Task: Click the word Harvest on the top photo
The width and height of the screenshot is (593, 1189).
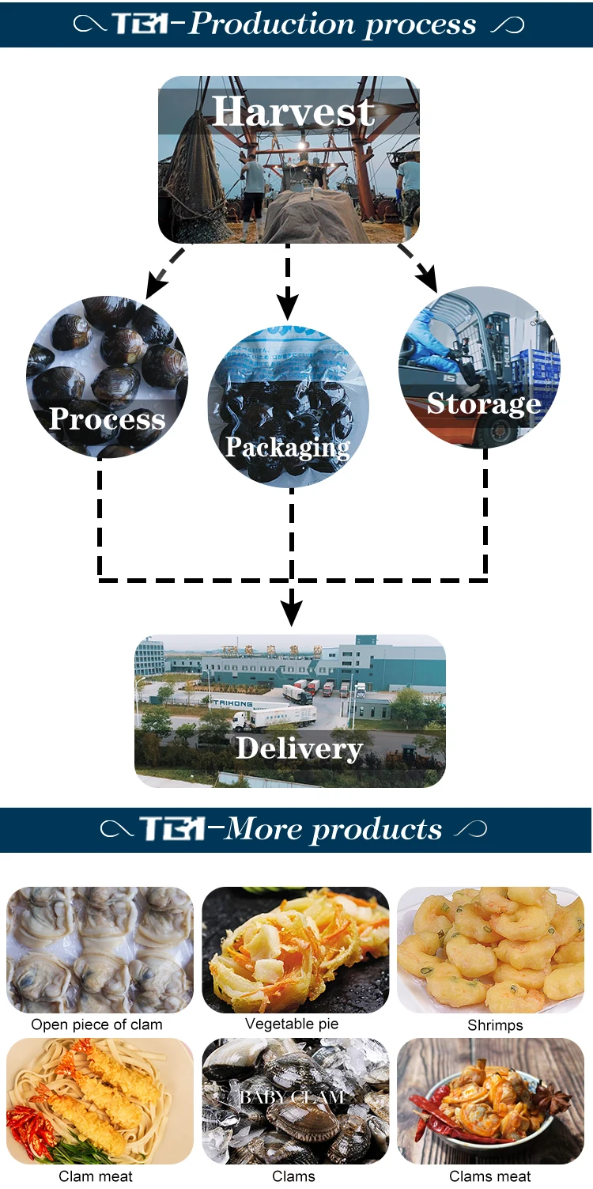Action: pyautogui.click(x=293, y=112)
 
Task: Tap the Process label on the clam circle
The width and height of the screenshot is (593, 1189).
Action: pyautogui.click(x=108, y=418)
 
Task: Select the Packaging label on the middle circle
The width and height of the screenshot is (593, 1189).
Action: pyautogui.click(x=287, y=448)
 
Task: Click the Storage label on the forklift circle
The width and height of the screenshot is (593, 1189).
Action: pyautogui.click(x=484, y=403)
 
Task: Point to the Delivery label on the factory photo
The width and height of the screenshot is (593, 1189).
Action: pyautogui.click(x=299, y=748)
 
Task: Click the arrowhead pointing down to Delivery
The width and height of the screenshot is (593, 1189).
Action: pyautogui.click(x=292, y=611)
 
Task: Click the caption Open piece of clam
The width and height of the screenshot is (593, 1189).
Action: pyautogui.click(x=96, y=1024)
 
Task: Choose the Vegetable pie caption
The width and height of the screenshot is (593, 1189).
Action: pyautogui.click(x=292, y=1024)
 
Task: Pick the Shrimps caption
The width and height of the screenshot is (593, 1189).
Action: pyautogui.click(x=495, y=1025)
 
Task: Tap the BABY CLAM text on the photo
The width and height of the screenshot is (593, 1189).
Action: pyautogui.click(x=292, y=1096)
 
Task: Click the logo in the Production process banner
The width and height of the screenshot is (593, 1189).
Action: pyautogui.click(x=142, y=24)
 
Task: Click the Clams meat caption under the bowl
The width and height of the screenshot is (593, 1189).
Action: pyautogui.click(x=490, y=1176)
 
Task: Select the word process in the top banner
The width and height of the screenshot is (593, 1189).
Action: pyautogui.click(x=419, y=25)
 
